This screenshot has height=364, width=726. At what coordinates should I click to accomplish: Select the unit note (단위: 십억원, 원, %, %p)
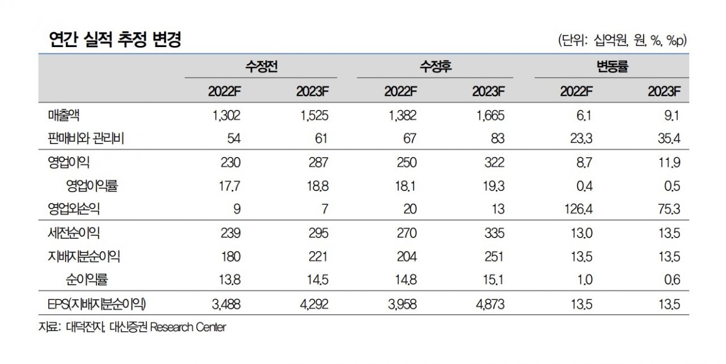pos(622,40)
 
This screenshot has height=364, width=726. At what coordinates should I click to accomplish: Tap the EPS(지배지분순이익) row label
pos(96,304)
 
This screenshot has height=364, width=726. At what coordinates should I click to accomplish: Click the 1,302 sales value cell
pos(227,116)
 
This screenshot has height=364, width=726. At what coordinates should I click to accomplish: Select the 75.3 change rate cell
pos(669,209)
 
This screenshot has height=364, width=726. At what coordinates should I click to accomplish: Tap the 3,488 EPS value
pos(227,304)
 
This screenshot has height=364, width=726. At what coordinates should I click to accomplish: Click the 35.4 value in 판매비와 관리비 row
pos(669,139)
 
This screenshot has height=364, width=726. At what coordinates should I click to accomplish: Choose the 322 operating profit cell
pos(495,163)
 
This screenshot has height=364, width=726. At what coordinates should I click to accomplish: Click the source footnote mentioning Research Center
pos(132,328)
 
